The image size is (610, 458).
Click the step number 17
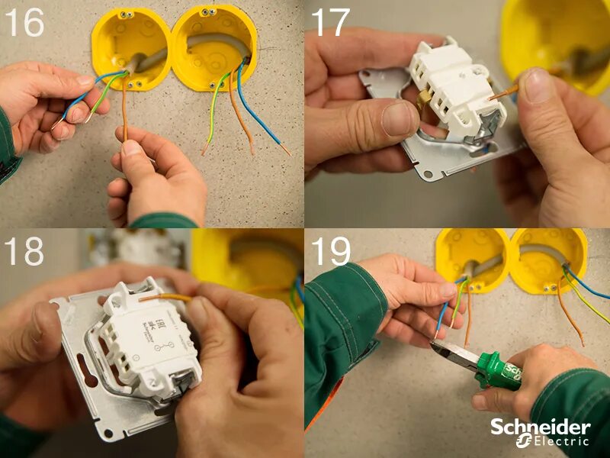point(329,23)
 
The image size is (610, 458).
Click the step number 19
point(329,252)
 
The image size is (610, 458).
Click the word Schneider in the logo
point(540,427)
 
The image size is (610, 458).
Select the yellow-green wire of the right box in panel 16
point(213,114)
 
